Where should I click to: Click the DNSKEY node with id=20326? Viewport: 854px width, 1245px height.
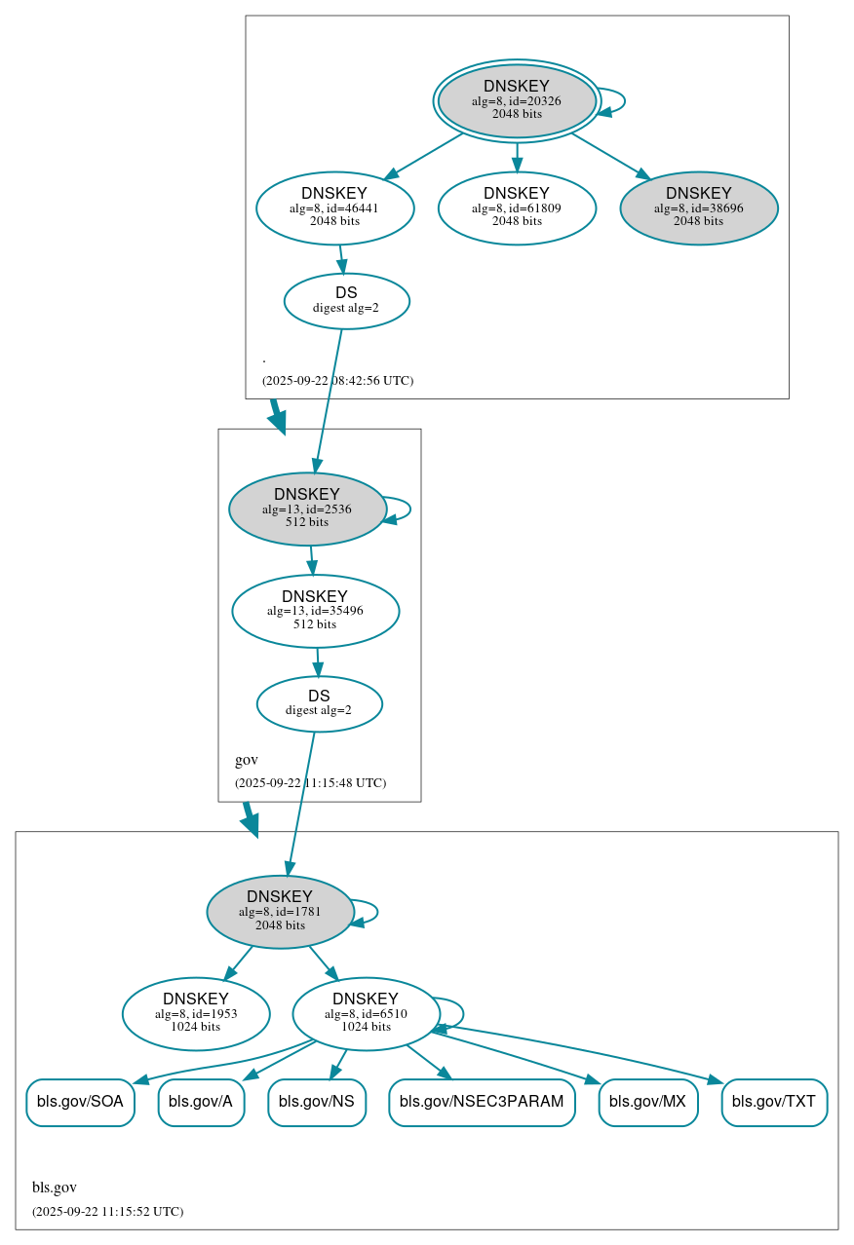tap(517, 100)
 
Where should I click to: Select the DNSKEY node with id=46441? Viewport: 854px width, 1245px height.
tap(334, 207)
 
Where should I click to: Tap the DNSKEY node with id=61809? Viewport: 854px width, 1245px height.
tap(517, 207)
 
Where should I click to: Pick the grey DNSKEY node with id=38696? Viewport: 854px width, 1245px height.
tap(698, 207)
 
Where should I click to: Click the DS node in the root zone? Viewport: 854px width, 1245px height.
tap(346, 300)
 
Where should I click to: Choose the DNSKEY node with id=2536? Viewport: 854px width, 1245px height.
tap(307, 509)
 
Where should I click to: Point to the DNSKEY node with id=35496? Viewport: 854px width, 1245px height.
tap(315, 611)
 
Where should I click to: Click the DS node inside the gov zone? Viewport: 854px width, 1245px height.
tap(319, 703)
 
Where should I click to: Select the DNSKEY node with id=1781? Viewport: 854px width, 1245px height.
tap(280, 911)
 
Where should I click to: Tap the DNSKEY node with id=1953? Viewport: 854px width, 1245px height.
tap(196, 1013)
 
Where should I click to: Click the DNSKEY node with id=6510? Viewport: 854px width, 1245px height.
tap(366, 1013)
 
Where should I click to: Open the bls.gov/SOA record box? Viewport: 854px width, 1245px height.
tap(80, 1102)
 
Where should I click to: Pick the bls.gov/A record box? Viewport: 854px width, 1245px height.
tap(201, 1102)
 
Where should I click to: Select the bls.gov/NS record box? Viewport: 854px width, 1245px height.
tap(317, 1102)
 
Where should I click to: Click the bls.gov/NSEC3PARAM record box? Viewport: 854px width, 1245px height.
tap(482, 1102)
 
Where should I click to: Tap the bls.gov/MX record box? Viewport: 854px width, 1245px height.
tap(647, 1102)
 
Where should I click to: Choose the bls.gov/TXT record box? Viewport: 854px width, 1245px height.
tap(774, 1102)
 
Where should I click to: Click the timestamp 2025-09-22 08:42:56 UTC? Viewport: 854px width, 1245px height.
tap(337, 380)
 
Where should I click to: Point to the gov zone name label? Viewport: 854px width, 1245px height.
tap(247, 760)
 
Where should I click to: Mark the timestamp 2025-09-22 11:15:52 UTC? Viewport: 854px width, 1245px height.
tap(107, 1211)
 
